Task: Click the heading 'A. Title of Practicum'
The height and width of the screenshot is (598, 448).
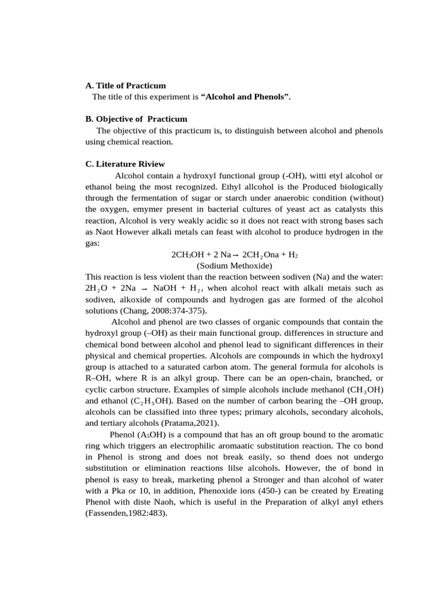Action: [125, 85]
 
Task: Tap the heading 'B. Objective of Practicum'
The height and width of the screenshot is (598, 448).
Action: [136, 119]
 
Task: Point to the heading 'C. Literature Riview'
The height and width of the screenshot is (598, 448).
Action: [125, 164]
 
